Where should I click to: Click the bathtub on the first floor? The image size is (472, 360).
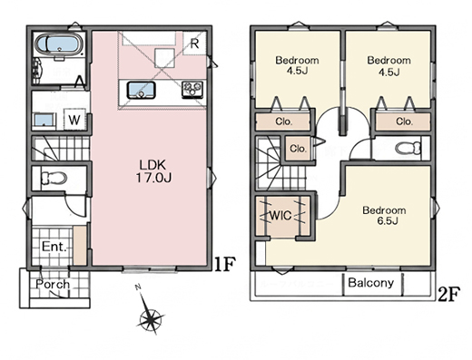coord(60,44)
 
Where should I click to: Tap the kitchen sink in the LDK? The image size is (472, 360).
coord(141,90)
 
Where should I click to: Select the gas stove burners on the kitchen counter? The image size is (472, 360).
coord(192,90)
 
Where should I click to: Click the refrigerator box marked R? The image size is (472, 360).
coord(194,44)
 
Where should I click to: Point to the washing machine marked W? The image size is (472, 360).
coord(74,120)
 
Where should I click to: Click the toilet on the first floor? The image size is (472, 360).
coord(54,178)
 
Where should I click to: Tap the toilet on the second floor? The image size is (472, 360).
coord(408,148)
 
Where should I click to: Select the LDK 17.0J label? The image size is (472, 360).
coord(153,171)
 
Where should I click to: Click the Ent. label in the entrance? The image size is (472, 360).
coord(54,247)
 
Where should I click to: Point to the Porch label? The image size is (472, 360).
coord(53,284)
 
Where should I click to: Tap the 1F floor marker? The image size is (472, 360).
coord(224,265)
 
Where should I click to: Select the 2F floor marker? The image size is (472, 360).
coord(449,294)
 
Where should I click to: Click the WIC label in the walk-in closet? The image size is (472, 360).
coord(280,216)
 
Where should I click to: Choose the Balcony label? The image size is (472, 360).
coord(371,283)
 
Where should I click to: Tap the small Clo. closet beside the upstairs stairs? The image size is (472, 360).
coord(298,149)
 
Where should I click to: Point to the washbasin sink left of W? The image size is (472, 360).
coord(45,121)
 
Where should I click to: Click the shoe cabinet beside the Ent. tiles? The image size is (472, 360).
coord(80,246)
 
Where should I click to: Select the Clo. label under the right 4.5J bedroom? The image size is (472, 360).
coord(404,122)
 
